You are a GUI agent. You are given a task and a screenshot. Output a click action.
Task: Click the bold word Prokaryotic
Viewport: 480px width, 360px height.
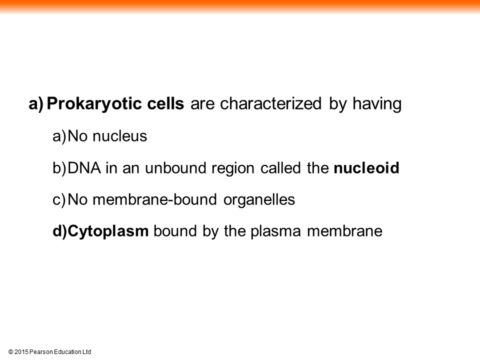95,104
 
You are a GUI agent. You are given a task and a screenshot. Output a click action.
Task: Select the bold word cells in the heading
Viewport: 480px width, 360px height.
165,103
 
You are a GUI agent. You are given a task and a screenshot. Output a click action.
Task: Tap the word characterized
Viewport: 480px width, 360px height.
271,103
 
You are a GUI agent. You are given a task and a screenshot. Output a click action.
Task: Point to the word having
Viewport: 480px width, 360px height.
377,104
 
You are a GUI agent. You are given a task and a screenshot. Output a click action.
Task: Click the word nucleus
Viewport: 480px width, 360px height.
119,136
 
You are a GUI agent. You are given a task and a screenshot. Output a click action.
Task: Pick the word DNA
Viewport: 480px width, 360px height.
84,168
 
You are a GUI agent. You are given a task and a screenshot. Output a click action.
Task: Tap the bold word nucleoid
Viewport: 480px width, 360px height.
366,168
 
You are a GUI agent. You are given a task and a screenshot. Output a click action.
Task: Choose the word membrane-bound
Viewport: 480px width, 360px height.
154,199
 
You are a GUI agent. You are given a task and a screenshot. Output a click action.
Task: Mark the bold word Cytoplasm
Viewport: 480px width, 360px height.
108,231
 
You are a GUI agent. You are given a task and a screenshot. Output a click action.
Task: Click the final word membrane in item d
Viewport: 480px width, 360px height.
344,231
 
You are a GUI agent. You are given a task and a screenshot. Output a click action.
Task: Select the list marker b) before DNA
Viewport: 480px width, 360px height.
59,168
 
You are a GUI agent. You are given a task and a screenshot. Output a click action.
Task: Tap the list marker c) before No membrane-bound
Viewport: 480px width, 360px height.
59,200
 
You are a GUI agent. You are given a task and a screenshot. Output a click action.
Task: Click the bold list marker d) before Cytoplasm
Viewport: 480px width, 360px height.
59,231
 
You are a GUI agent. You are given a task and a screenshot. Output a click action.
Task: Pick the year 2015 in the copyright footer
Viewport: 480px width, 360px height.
21,351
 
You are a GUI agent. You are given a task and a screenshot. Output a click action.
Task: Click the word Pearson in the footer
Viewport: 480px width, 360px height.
41,351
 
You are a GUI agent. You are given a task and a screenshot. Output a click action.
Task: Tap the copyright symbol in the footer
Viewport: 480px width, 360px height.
10,352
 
